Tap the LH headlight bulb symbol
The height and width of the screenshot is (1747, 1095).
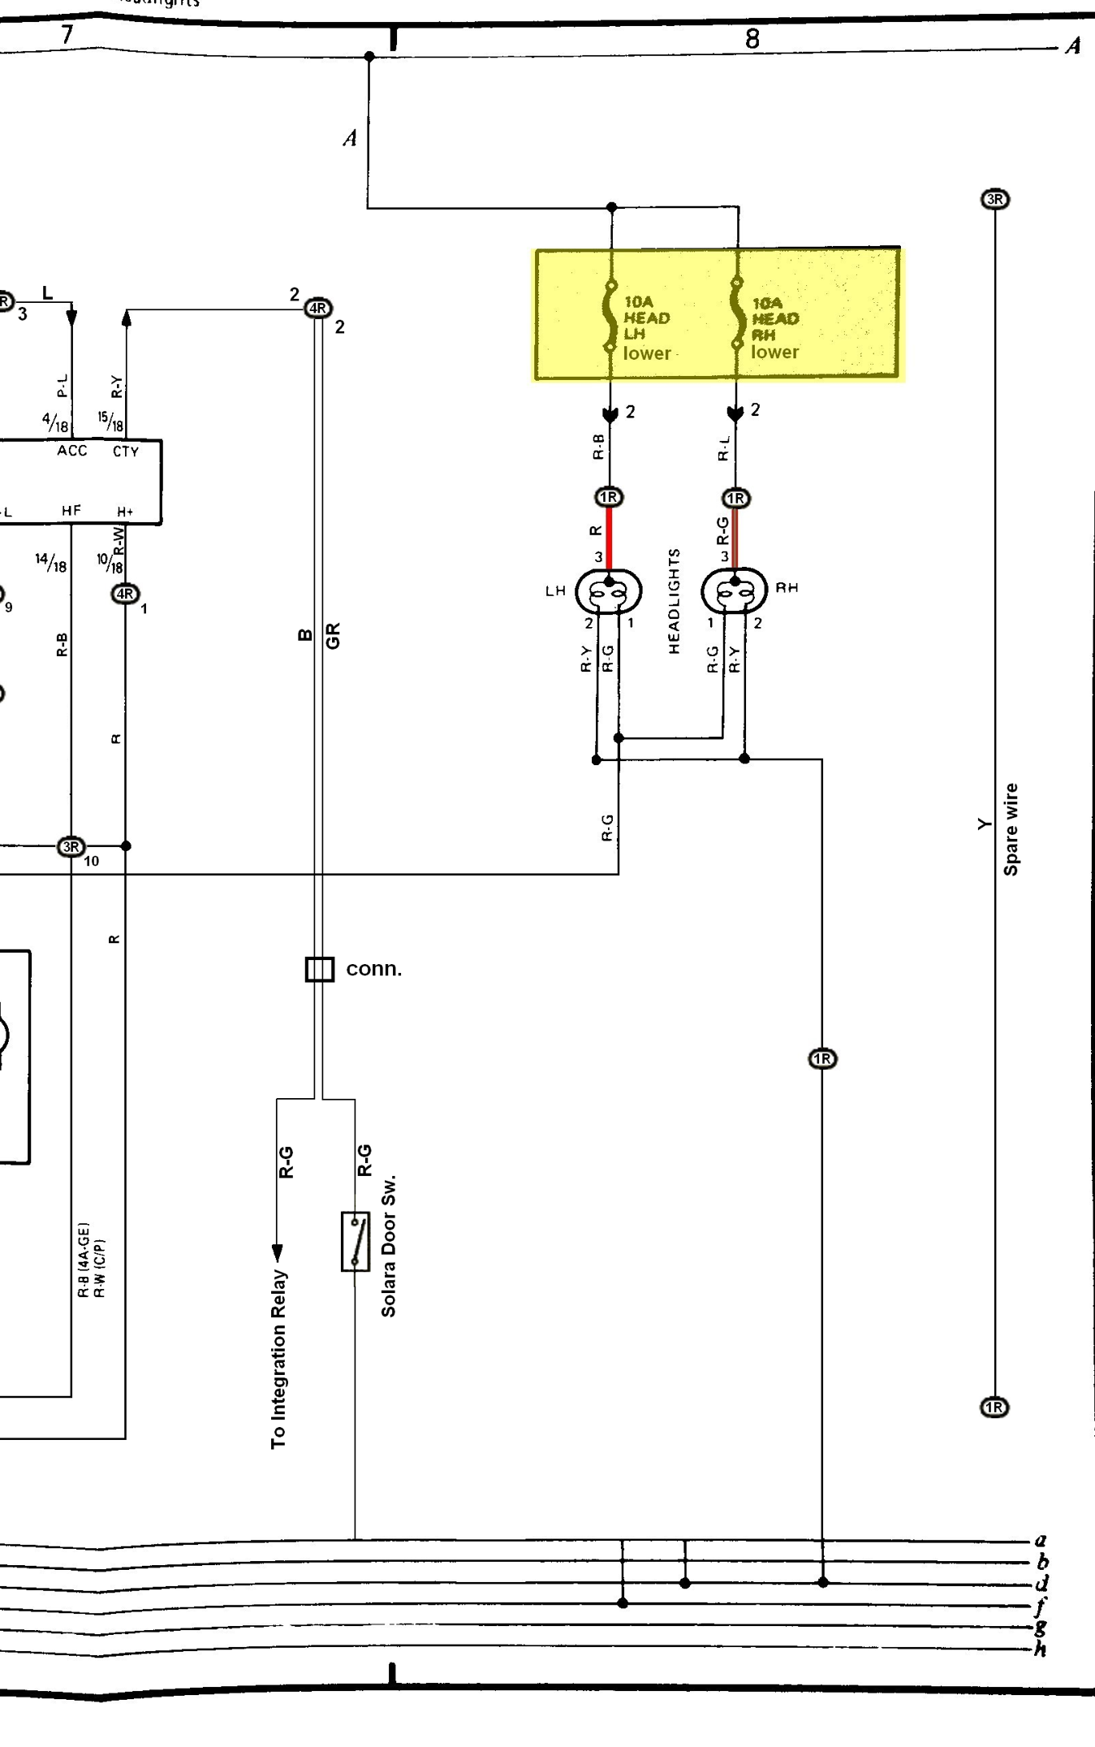(x=608, y=591)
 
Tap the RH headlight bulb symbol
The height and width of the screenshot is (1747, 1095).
(x=734, y=590)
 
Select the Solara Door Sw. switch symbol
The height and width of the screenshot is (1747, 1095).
(x=356, y=1241)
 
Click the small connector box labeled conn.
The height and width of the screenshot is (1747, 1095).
(x=319, y=969)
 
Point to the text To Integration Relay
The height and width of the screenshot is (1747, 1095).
(x=278, y=1359)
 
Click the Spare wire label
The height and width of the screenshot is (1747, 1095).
(x=1011, y=829)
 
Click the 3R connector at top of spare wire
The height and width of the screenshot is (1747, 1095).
(x=995, y=199)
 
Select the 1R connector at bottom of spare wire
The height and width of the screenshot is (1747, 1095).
(x=994, y=1408)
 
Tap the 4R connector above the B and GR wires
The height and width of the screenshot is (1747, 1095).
(x=318, y=309)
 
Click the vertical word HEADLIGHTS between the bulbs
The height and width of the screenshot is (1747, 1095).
(x=674, y=601)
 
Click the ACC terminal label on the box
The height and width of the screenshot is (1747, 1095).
(x=72, y=451)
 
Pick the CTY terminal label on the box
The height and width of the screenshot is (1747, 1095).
(x=126, y=452)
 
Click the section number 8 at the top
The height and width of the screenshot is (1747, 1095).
(x=752, y=39)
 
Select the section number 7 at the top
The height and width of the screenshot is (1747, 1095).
(x=67, y=35)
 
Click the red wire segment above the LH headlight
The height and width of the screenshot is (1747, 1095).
(x=609, y=536)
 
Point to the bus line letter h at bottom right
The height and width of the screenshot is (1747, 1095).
(x=1040, y=1650)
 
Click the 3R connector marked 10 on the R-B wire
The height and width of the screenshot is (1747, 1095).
(x=71, y=847)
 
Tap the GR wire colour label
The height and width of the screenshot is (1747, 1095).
(x=333, y=635)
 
